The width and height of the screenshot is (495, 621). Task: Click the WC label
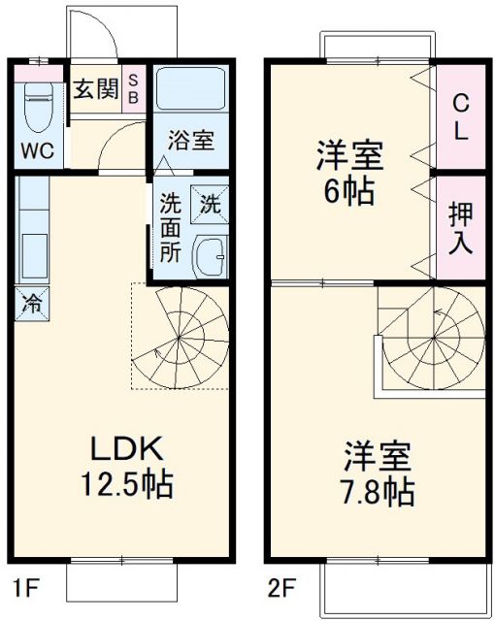[38, 152]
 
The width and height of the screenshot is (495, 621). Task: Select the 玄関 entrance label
[96, 90]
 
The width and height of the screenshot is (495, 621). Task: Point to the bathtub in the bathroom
[190, 90]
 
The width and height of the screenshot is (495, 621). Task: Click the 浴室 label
[190, 141]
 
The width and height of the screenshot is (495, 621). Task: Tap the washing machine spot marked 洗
[210, 205]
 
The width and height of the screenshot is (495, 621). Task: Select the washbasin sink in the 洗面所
[209, 255]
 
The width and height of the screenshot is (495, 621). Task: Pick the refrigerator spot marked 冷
[33, 304]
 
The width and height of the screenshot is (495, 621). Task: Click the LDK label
[126, 449]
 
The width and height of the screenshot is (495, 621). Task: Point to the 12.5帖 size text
[126, 482]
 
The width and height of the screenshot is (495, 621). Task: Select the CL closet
[460, 116]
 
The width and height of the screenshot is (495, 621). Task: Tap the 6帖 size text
[348, 190]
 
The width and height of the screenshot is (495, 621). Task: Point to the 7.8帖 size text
[379, 492]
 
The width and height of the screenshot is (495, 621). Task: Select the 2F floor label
[281, 587]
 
